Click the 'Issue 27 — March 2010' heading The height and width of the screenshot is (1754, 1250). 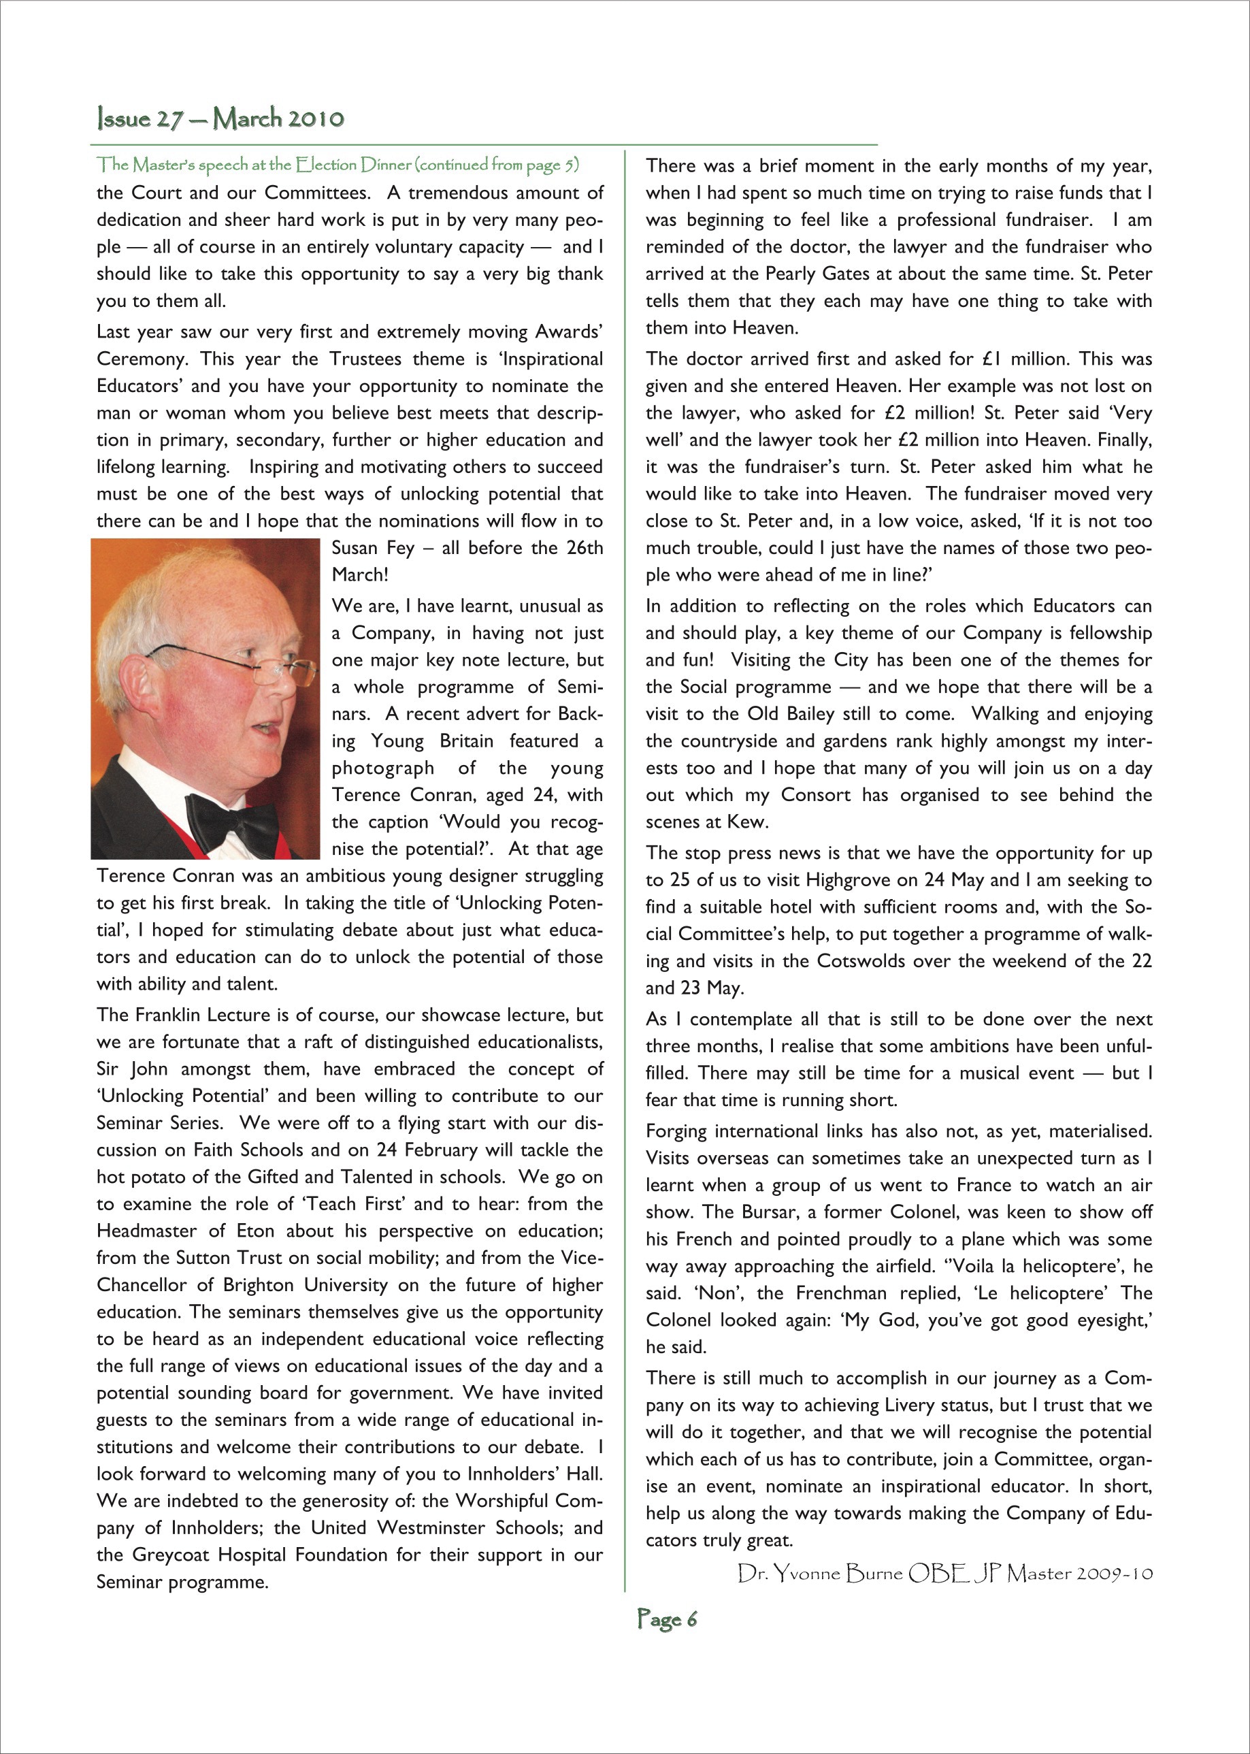220,118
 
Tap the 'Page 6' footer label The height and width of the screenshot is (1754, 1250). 667,1619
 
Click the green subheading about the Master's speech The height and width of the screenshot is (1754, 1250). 337,165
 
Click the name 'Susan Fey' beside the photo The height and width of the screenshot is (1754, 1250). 372,548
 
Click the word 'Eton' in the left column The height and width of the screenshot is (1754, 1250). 254,1231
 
